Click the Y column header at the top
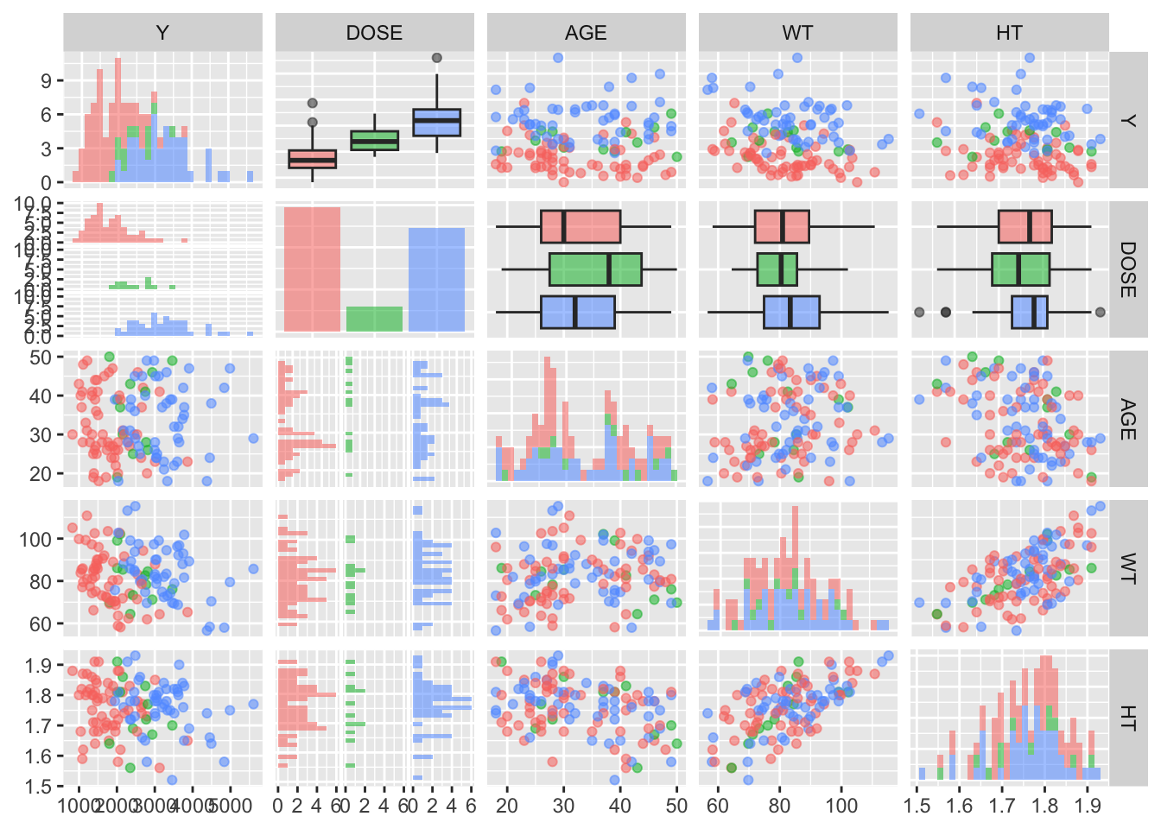click(162, 33)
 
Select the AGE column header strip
click(586, 33)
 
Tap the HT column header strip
click(1009, 33)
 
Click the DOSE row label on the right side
click(1127, 269)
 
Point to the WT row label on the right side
click(1127, 568)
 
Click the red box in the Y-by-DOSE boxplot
click(312, 159)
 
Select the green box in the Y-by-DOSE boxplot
click(374, 140)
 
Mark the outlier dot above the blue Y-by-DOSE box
click(436, 58)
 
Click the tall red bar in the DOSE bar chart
click(312, 269)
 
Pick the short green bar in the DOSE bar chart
click(374, 319)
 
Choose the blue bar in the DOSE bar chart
click(436, 279)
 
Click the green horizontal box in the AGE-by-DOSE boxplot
click(595, 269)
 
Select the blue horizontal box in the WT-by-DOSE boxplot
click(791, 312)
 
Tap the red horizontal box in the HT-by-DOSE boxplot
click(1025, 226)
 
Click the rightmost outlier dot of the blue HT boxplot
click(1100, 312)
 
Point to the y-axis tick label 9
click(47, 81)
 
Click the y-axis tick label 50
click(41, 357)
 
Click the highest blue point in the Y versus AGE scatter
click(557, 58)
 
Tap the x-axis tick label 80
click(779, 806)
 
